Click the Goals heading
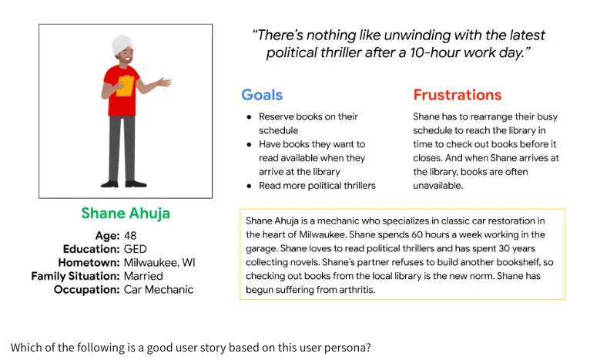[x=262, y=95]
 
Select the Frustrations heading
[x=458, y=95]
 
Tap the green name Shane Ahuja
[x=126, y=214]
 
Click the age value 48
[x=130, y=236]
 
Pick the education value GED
[x=135, y=249]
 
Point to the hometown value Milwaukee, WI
[x=159, y=263]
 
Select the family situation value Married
[x=143, y=276]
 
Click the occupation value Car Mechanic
[x=159, y=290]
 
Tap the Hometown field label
[x=89, y=263]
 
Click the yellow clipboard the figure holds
[x=126, y=86]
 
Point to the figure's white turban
[x=122, y=45]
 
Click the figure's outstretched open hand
[x=164, y=82]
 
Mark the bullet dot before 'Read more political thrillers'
[x=249, y=186]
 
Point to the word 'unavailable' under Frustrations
[x=437, y=186]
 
